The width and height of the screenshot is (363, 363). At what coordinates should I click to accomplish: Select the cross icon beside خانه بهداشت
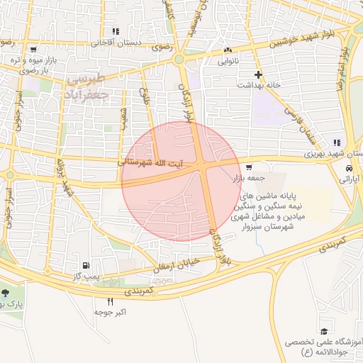coord(259,74)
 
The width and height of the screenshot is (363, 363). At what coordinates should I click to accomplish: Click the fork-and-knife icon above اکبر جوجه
coord(110,301)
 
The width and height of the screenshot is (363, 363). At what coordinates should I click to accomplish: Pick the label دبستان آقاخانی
coord(117,43)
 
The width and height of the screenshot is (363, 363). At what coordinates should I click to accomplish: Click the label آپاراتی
coord(351,181)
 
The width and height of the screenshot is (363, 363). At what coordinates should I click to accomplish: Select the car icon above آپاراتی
coord(350,169)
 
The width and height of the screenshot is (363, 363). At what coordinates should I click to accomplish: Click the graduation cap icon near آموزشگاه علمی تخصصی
coord(325,332)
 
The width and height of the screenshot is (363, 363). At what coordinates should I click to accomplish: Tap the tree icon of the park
coord(6,294)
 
